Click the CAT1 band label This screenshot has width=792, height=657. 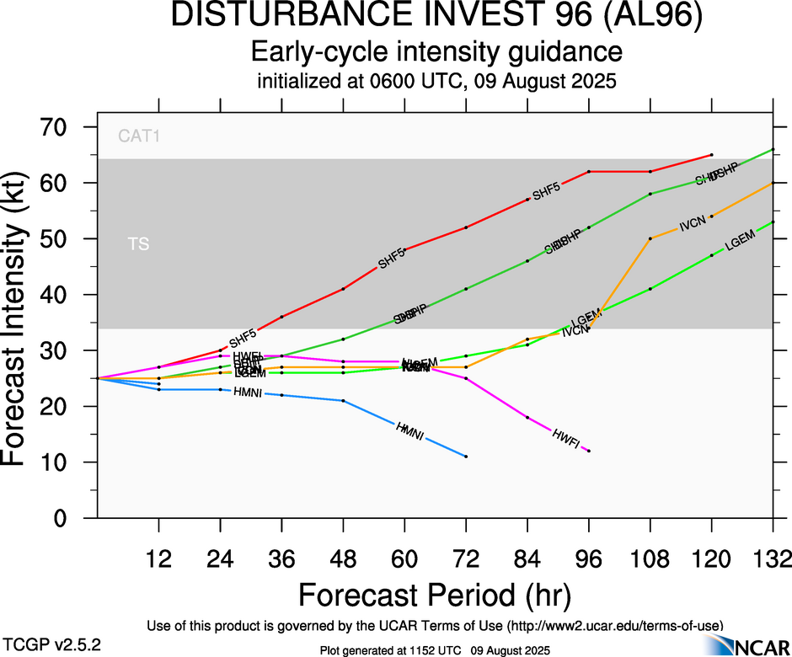pos(139,136)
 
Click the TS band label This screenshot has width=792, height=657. pos(139,244)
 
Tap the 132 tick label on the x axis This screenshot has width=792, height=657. pos(773,558)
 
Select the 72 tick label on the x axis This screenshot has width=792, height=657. pos(466,558)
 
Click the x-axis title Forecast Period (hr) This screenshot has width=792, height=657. pos(435,595)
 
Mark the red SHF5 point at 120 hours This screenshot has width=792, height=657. pos(712,155)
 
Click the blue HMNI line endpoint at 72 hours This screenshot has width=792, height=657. pos(466,457)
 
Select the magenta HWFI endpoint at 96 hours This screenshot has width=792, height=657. pos(589,451)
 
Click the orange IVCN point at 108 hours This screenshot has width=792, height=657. pos(650,238)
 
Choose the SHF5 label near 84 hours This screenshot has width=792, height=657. pos(545,189)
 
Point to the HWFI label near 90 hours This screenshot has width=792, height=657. pos(565,436)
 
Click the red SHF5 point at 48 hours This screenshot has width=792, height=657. pos(343,289)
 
